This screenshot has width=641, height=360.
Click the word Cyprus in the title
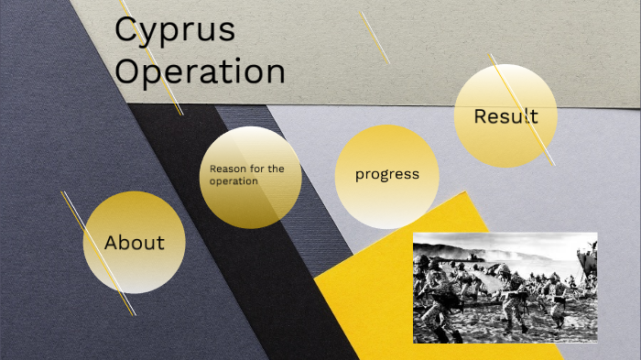tap(174, 30)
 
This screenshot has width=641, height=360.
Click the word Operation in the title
tap(200, 71)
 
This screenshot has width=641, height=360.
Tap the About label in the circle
tap(135, 243)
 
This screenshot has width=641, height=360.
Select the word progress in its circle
tap(387, 174)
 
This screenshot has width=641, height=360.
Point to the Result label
tap(505, 116)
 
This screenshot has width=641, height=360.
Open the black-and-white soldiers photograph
tap(505, 287)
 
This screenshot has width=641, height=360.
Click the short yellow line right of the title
tap(375, 37)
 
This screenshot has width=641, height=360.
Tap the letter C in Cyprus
tap(126, 29)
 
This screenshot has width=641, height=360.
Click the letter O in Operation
tap(129, 71)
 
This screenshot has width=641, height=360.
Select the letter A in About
tap(112, 243)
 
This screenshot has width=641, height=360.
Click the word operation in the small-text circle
tap(234, 180)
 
